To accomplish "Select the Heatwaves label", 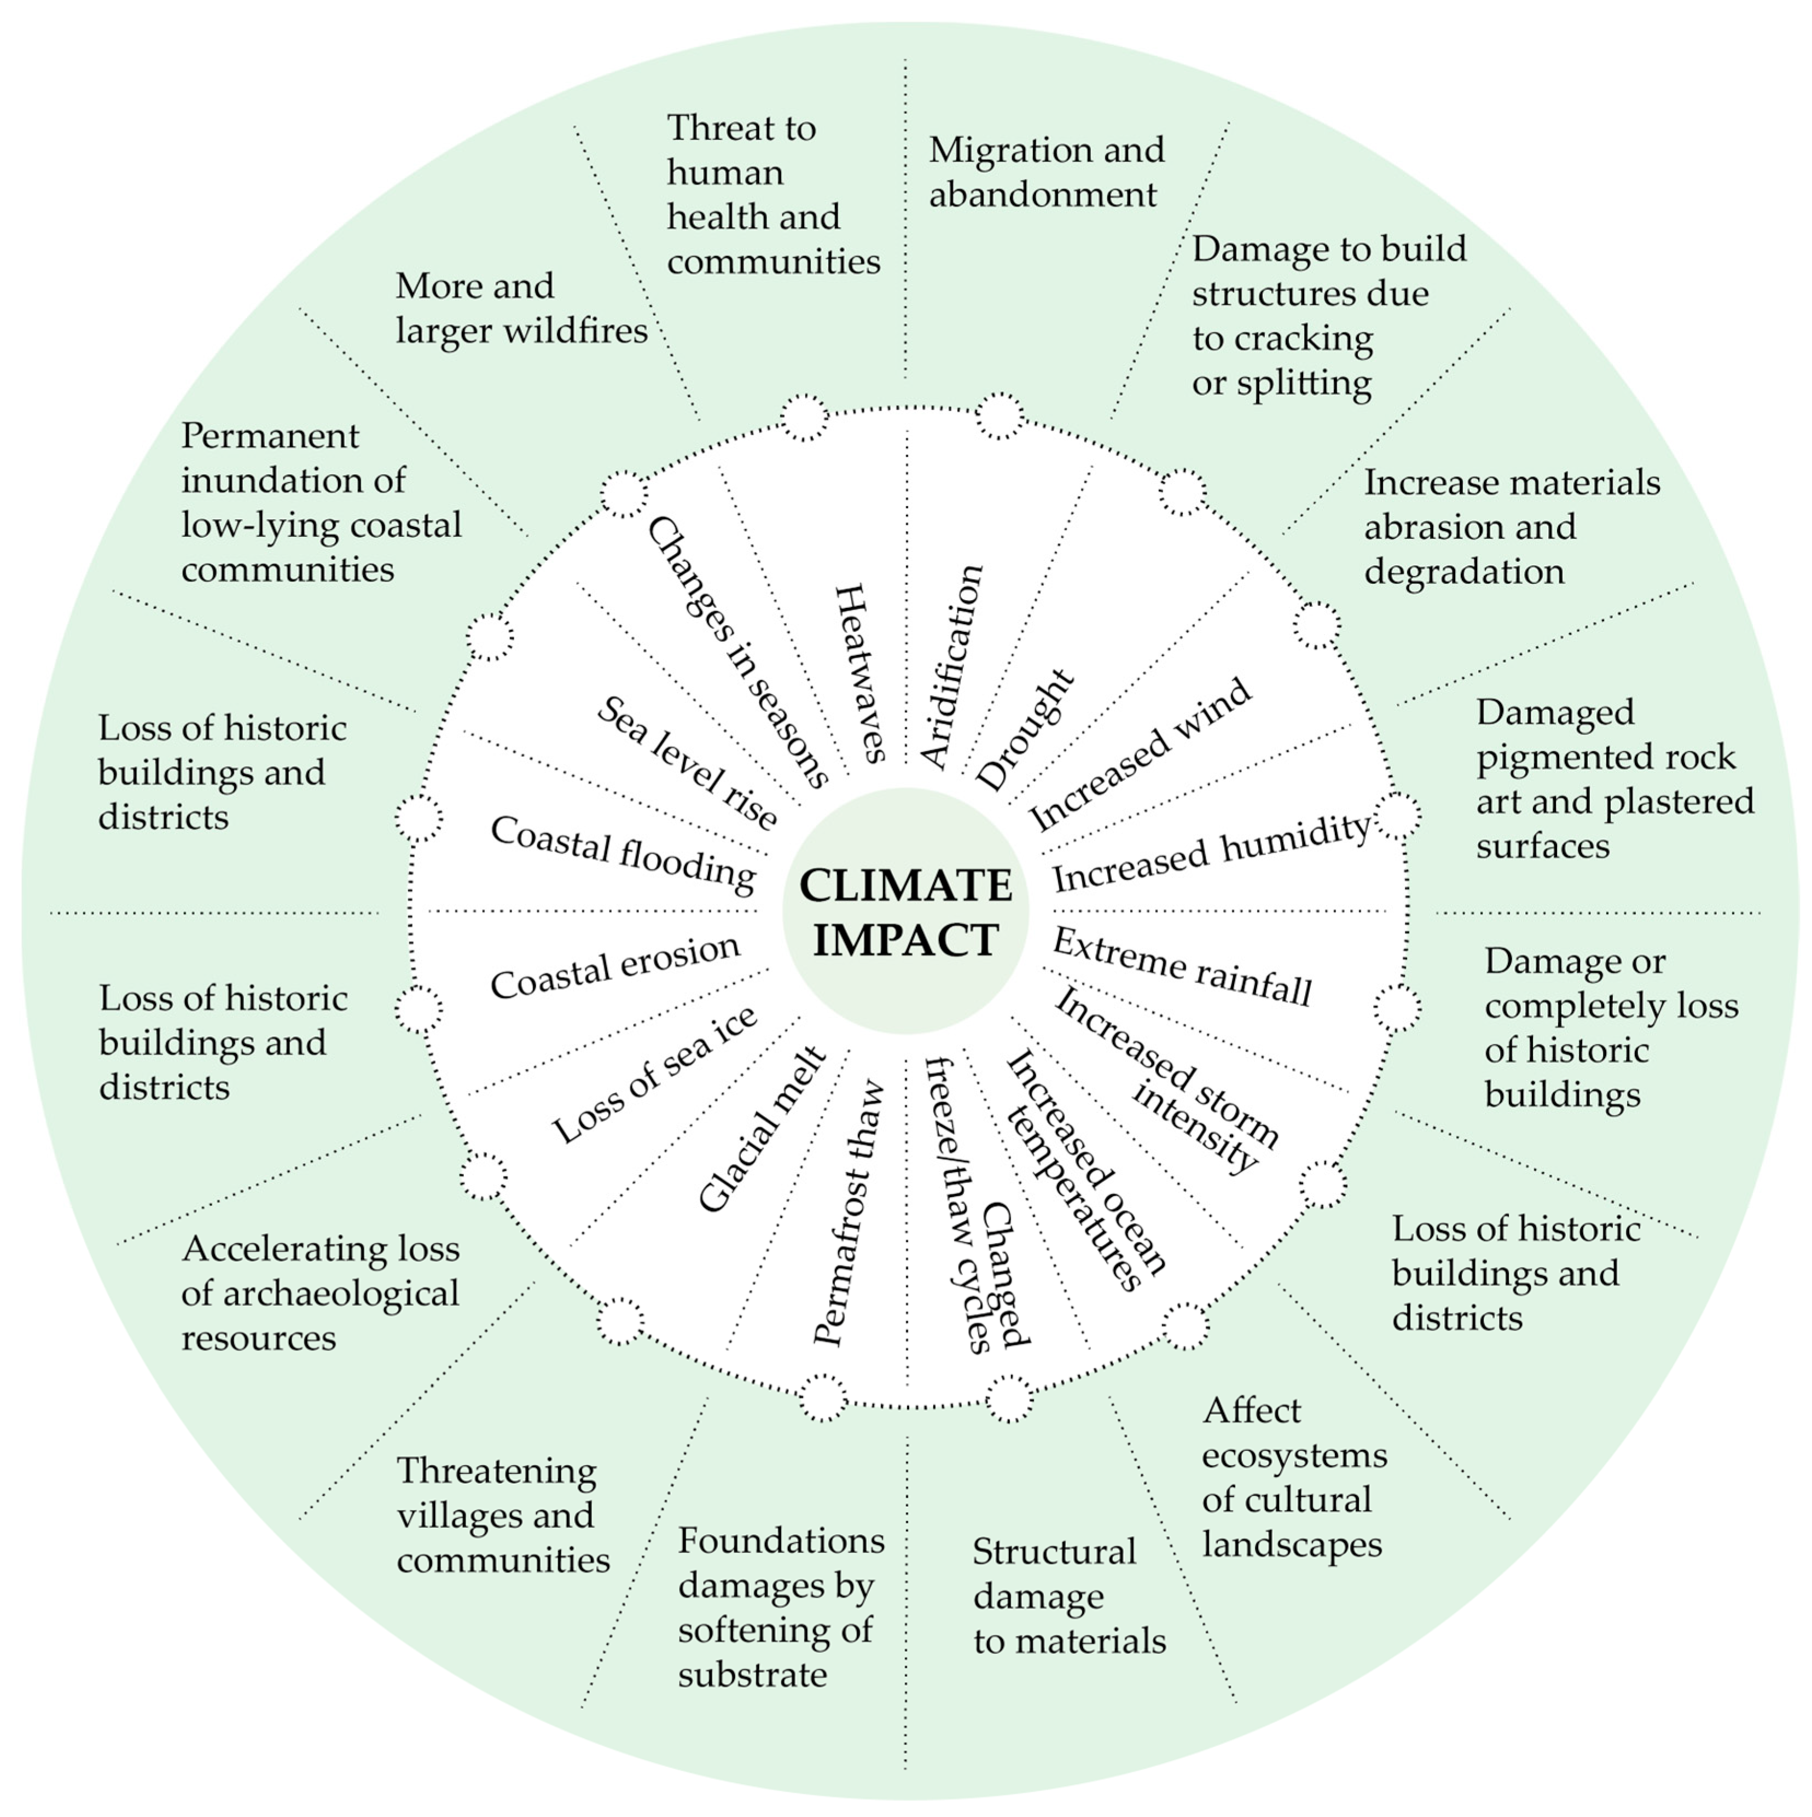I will [x=859, y=672].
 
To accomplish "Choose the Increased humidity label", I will [x=1211, y=852].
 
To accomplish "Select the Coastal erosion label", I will [x=615, y=967].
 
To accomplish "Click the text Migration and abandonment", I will [x=1046, y=171].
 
